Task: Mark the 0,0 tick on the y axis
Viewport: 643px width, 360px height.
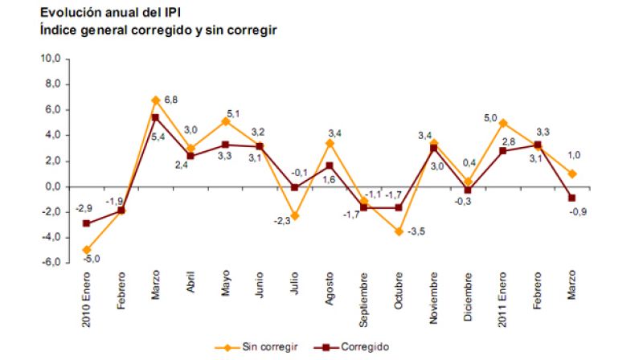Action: tap(51, 186)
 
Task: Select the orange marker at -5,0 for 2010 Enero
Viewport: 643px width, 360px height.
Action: tap(86, 250)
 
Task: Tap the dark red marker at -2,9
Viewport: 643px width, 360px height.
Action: tap(86, 223)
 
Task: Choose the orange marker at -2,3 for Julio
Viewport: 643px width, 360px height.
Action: tap(296, 216)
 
